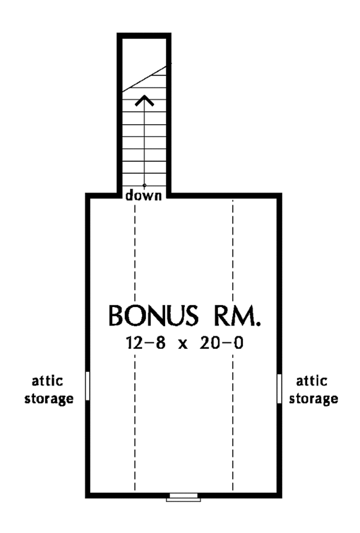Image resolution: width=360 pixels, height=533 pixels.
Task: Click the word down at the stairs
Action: tap(144, 195)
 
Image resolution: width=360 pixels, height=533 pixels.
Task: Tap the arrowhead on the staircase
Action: tap(144, 100)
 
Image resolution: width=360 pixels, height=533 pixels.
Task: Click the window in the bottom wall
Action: tap(184, 497)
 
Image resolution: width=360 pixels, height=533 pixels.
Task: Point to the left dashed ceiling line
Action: tap(136, 360)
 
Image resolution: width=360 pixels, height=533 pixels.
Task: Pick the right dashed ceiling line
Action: tap(233, 360)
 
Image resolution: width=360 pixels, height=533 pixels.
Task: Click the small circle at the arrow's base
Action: tap(144, 185)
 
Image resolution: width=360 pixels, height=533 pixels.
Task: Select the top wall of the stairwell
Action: tap(144, 37)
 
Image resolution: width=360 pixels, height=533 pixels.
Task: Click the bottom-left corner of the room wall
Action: tap(88, 496)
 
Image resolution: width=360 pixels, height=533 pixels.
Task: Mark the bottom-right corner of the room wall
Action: tap(280, 496)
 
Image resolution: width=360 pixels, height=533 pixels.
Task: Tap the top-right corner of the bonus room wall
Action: tap(280, 195)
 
